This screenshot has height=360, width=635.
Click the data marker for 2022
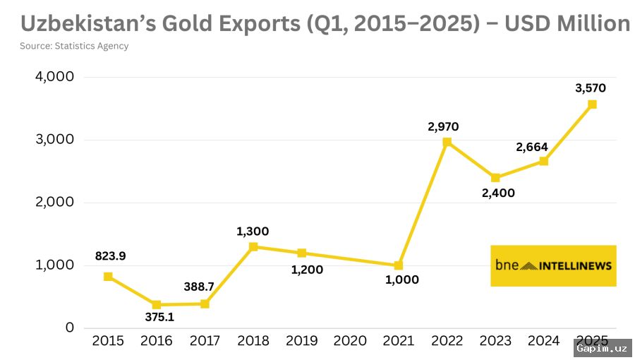tap(447, 142)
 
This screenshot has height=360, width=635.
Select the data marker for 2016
tap(157, 305)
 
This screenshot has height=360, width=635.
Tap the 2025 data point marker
tap(592, 104)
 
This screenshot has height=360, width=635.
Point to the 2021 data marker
tap(399, 265)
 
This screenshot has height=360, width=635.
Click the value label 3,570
tap(591, 88)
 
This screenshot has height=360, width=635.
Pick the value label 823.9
tap(110, 256)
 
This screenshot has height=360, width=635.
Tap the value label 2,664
tap(531, 147)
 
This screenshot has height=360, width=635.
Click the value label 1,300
tap(253, 231)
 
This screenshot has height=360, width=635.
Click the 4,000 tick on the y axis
tap(54, 77)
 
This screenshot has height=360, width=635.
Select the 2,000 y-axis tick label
tap(54, 203)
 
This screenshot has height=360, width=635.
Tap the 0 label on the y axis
tap(70, 328)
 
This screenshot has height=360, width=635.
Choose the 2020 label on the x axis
tap(350, 341)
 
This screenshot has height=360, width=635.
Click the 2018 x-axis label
tap(253, 341)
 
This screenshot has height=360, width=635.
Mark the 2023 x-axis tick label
tap(495, 341)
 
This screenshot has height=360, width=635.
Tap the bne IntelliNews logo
tap(553, 266)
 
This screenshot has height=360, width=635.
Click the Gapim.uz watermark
tap(602, 347)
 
